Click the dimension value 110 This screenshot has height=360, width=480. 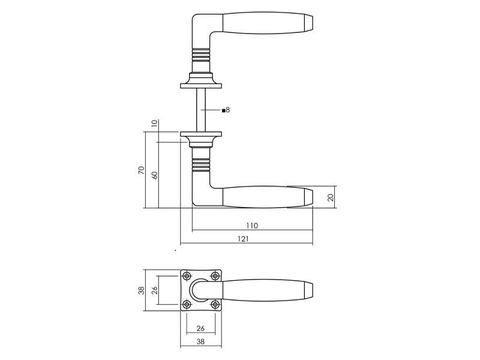pos(252,226)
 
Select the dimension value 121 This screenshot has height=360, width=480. pos(244,239)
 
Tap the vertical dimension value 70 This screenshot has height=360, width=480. pos(141,170)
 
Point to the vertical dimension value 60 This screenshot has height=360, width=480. pos(155,175)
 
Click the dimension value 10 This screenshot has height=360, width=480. pos(154,123)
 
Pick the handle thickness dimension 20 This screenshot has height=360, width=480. pos(331,197)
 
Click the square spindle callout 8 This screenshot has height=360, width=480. pos(226,110)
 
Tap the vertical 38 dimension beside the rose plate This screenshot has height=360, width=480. pos(141,290)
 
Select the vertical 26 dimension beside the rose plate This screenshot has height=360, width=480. pos(155,290)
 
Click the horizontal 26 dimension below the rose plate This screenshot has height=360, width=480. pos(200,328)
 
